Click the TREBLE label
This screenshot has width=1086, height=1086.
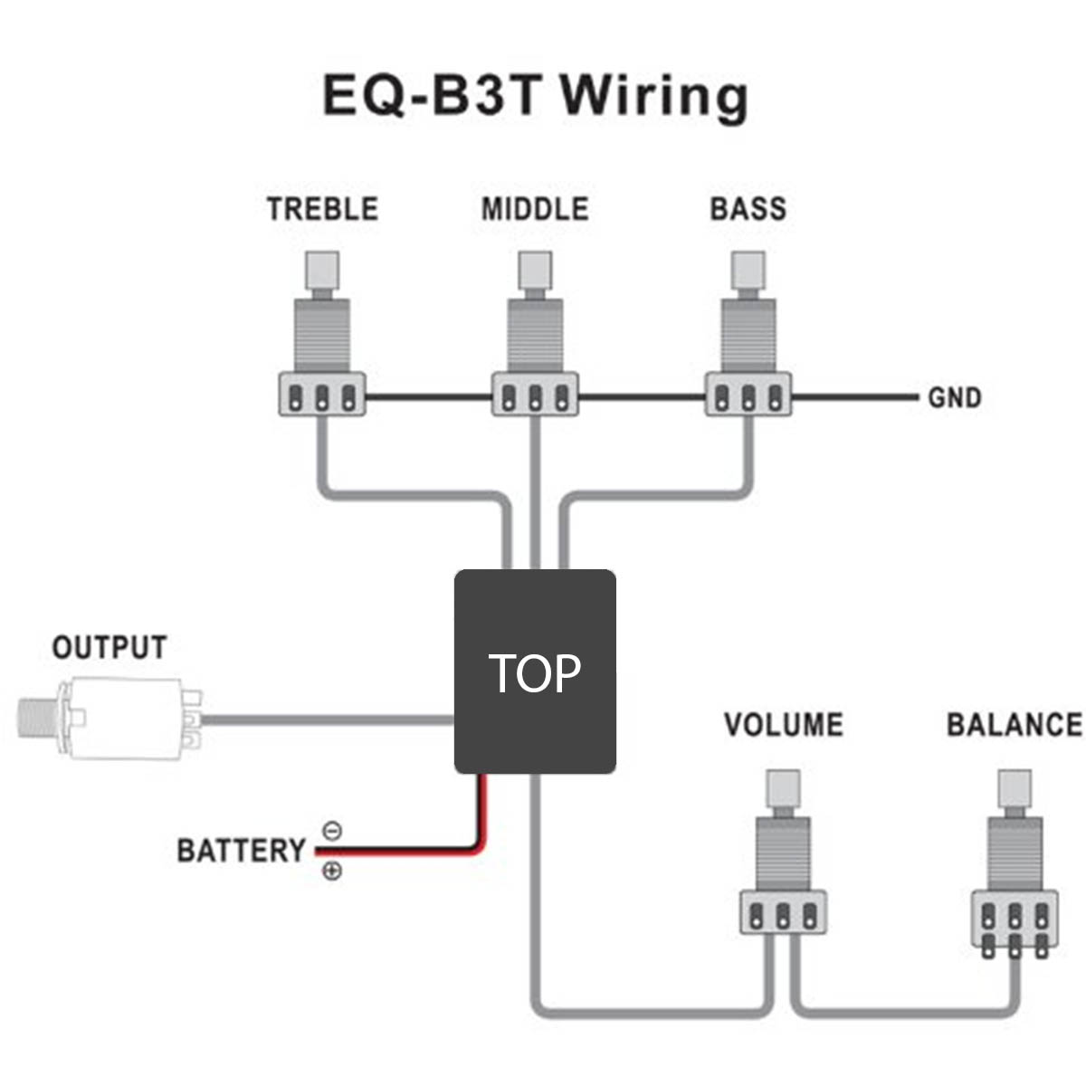point(322,209)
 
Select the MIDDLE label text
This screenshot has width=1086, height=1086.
point(535,209)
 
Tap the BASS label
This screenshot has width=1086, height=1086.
point(748,209)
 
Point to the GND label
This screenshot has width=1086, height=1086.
point(954,398)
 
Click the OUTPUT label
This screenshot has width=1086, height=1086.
point(110,648)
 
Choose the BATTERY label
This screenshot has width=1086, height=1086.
point(241,851)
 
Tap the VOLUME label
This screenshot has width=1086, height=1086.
point(783,725)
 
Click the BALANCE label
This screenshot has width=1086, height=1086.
point(1014,725)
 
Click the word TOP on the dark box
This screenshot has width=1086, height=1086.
point(535,673)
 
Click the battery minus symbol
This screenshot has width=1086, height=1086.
point(332,831)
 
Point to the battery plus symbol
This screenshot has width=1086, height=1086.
point(332,872)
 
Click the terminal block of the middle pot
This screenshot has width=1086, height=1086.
point(535,396)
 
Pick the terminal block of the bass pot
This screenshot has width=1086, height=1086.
point(748,396)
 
